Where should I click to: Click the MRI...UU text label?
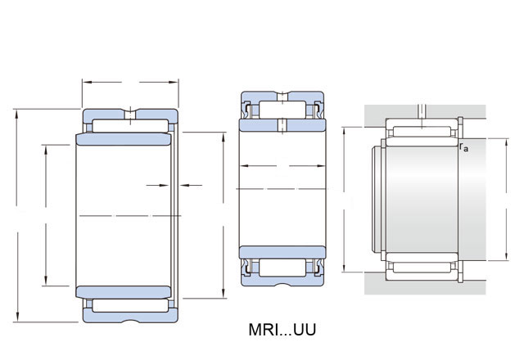[282, 330]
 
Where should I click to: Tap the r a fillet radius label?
[464, 147]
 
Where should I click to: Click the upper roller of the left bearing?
[130, 126]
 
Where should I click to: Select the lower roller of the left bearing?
[130, 305]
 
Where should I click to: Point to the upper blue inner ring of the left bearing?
[124, 139]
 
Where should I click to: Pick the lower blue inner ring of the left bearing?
[124, 292]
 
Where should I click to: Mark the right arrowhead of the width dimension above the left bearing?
[174, 82]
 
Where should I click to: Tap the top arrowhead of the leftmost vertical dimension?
[16, 114]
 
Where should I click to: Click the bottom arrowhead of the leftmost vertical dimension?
[17, 317]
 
